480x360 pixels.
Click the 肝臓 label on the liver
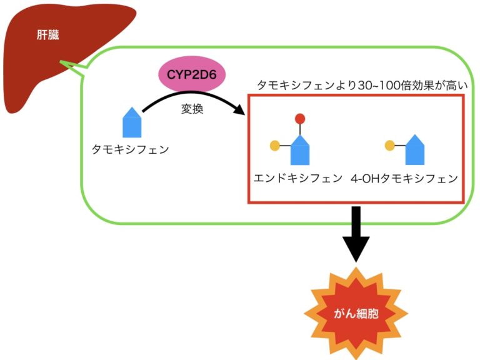pyautogui.click(x=47, y=35)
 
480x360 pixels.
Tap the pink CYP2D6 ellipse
pyautogui.click(x=192, y=74)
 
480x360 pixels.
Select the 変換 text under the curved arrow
pyautogui.click(x=192, y=109)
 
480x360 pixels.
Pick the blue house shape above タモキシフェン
pyautogui.click(x=132, y=122)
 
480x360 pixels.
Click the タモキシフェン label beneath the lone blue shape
pyautogui.click(x=131, y=149)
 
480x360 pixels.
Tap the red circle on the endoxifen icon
pyautogui.click(x=300, y=119)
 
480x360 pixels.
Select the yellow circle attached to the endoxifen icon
pyautogui.click(x=275, y=146)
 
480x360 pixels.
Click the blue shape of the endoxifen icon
pyautogui.click(x=300, y=150)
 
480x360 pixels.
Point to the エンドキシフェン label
pyautogui.click(x=298, y=178)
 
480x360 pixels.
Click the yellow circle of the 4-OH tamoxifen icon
pyautogui.click(x=390, y=146)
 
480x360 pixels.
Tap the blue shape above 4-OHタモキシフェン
pyautogui.click(x=415, y=150)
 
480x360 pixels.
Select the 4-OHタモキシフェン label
pyautogui.click(x=404, y=179)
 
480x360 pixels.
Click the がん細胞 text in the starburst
pyautogui.click(x=356, y=314)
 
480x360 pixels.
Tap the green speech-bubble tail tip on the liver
pyautogui.click(x=61, y=61)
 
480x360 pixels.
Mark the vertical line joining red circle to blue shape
pyautogui.click(x=300, y=129)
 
